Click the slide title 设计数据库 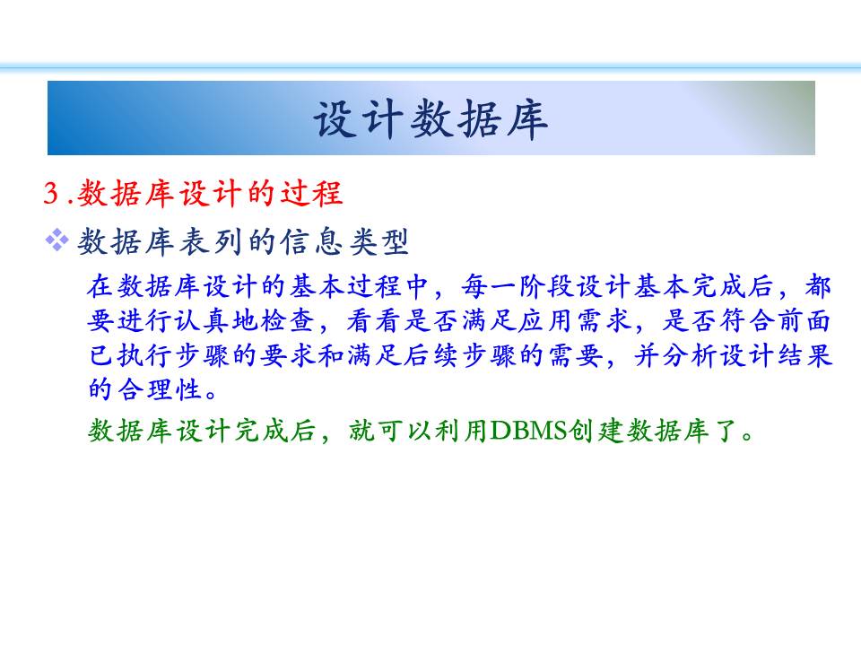(430, 118)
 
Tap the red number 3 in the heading (52, 193)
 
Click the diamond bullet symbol (57, 240)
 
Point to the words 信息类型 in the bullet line (344, 241)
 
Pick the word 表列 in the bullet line (211, 241)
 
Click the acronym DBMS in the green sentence (528, 430)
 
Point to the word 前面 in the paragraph (804, 321)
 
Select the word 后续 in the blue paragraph (432, 355)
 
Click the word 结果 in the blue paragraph (804, 355)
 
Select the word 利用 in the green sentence (460, 430)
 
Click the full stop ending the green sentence (747, 436)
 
